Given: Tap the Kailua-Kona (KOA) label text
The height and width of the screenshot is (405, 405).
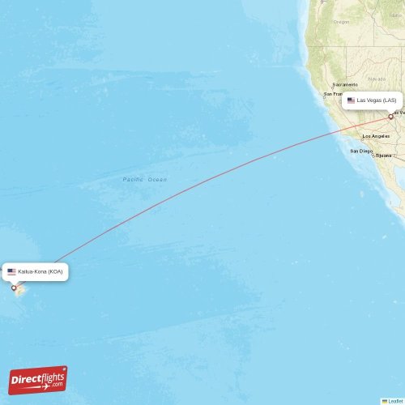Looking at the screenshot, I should pos(40,271).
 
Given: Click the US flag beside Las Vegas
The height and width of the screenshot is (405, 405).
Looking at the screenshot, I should pos(352,100).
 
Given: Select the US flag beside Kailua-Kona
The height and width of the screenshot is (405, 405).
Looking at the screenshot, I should pos(12,271).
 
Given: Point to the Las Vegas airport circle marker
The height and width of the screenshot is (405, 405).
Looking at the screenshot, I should pos(391,116).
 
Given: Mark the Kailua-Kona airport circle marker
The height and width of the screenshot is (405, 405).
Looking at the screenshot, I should pos(14,288).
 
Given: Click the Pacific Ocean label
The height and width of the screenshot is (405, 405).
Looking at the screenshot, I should pos(144,179).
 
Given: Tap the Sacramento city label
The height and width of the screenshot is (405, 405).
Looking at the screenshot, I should pos(344,84).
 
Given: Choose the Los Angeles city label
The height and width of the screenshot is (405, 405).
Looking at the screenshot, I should pos(377,136).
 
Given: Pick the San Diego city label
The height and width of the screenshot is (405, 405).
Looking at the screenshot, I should pos(361,151).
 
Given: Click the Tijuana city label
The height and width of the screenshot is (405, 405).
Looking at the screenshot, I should pos(383,155).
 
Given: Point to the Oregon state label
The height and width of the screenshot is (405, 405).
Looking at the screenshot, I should pos(341,22).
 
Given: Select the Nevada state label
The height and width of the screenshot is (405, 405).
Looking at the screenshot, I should pos(376,79).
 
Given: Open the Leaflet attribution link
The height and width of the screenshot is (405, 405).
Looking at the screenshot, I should pos(394,400).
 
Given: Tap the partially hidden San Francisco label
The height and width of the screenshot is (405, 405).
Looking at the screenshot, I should pos(332,94).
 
